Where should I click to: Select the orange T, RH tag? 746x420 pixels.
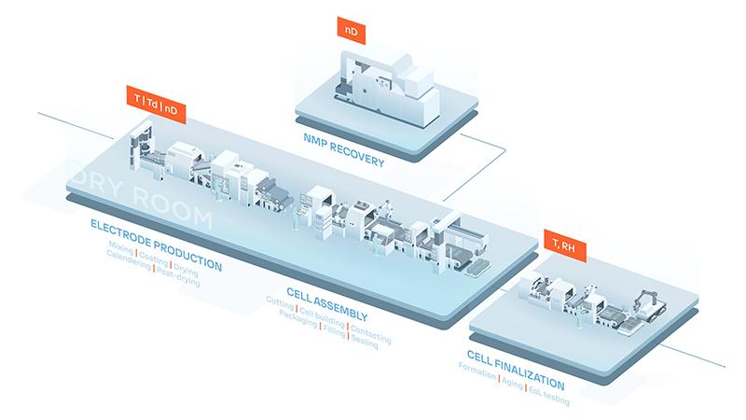tap(562, 245)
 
